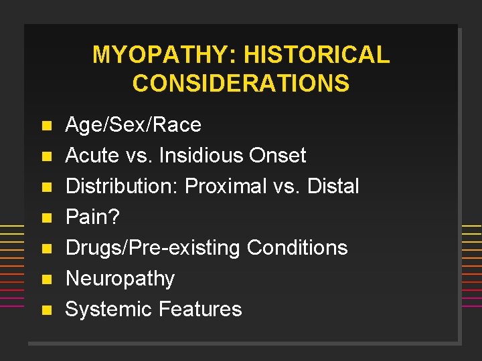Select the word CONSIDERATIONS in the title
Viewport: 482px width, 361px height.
pos(241,84)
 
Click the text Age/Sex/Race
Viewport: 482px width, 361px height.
pos(133,125)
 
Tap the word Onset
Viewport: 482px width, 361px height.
pos(277,156)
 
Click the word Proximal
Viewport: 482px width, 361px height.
pos(226,187)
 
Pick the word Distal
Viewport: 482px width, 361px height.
pos(333,187)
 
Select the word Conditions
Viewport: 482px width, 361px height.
pos(297,248)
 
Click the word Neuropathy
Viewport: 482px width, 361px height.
pos(120,278)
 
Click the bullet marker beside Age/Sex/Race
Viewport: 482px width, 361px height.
pos(45,126)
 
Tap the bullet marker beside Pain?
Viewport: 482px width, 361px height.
pos(45,218)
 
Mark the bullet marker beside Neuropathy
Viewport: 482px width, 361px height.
pos(45,279)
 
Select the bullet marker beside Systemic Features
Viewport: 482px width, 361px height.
pos(45,310)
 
